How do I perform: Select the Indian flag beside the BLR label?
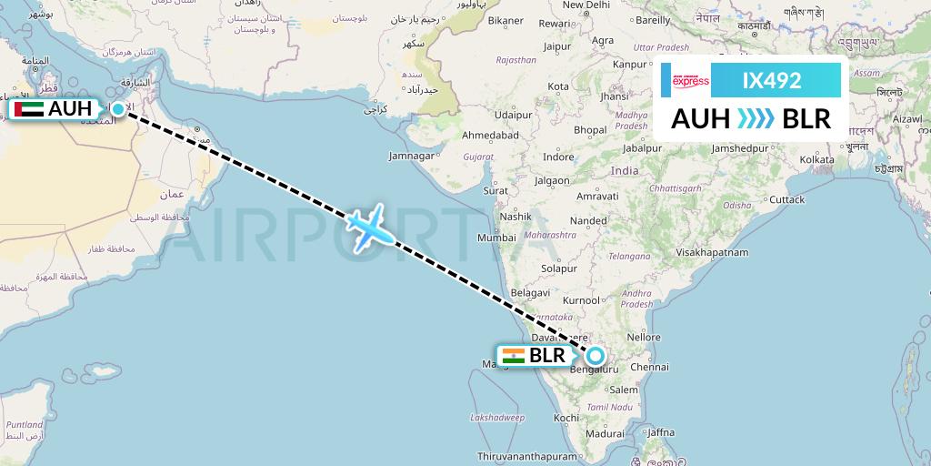513,356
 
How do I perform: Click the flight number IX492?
772,80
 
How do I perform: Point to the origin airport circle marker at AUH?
118,108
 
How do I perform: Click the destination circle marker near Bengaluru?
596,356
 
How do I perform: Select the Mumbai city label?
496,238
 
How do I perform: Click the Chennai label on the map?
650,368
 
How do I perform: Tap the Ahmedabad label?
490,135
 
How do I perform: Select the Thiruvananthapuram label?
527,456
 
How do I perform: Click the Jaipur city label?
556,46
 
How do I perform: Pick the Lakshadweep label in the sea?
497,417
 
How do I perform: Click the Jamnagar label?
411,156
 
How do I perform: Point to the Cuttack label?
786,199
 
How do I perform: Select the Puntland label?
25,424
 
